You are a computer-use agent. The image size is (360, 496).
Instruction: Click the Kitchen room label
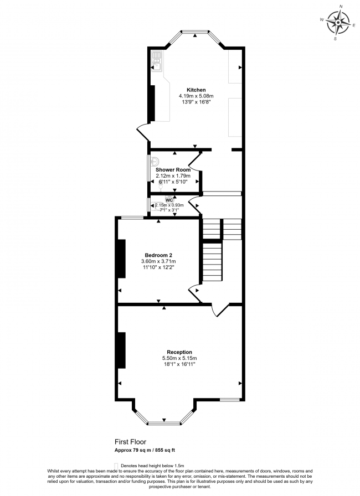click(196, 90)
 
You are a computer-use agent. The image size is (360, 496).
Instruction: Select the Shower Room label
click(173, 170)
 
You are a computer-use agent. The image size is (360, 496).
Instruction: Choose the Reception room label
click(179, 352)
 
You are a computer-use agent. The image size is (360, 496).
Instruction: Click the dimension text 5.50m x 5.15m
click(179, 359)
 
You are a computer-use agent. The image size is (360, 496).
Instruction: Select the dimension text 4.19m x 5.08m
click(196, 96)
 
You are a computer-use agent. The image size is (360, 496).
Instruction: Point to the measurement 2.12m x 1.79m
click(173, 176)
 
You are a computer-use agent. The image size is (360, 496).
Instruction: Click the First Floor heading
click(131, 442)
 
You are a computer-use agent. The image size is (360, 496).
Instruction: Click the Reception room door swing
click(220, 311)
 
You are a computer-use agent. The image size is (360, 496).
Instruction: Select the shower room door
click(194, 162)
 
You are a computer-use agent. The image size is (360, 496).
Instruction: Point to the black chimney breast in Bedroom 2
click(121, 259)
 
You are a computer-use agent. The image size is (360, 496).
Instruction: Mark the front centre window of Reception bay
click(164, 423)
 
